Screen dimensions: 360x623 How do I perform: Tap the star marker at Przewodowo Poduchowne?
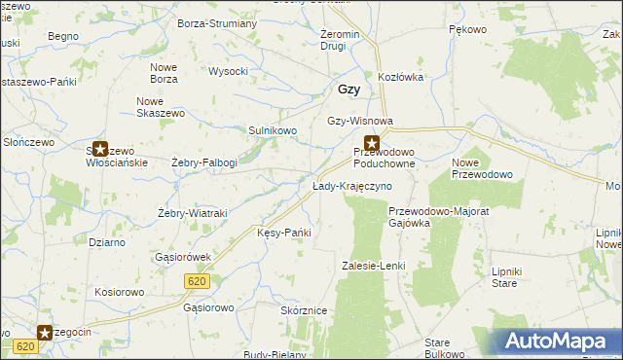(371, 144)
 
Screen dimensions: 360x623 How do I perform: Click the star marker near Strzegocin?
(45, 333)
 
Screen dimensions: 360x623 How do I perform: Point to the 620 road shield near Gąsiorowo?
(195, 280)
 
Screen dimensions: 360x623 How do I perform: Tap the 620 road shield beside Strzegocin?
(26, 346)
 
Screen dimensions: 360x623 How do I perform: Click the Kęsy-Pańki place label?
(283, 233)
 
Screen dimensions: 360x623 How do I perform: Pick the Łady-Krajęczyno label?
(351, 186)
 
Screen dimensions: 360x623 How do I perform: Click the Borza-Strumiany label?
(217, 22)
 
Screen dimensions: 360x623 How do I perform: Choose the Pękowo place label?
(467, 30)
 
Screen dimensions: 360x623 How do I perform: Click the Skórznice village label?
(303, 309)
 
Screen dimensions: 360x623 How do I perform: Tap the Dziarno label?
(106, 242)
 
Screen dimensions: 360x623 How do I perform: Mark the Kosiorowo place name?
(119, 291)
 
